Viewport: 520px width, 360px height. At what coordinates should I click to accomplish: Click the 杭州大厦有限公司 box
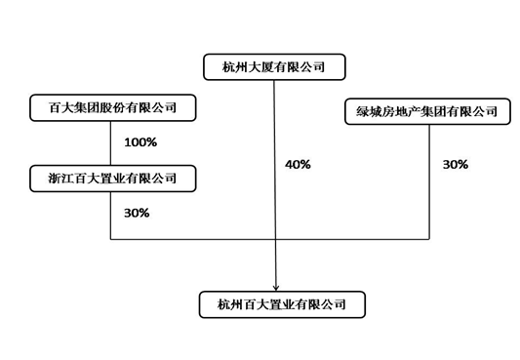point(275,66)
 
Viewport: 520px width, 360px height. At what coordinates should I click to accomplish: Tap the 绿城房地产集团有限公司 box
point(426,111)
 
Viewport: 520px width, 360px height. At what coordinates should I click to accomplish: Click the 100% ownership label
point(140,143)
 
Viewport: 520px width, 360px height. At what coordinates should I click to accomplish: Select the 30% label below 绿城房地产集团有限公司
point(455,165)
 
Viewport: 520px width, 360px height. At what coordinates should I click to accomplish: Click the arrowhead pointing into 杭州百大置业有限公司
point(276,285)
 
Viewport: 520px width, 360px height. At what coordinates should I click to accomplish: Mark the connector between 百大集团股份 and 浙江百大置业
point(111,142)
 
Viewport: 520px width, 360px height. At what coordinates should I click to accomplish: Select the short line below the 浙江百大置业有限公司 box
point(111,215)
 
